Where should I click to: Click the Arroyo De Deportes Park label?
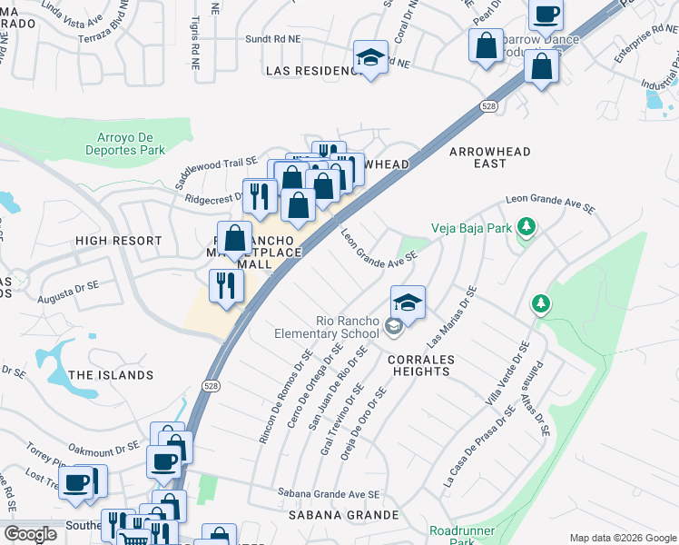[x=131, y=144]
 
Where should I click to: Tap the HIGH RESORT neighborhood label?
[x=118, y=241]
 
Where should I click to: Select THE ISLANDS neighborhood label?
[x=111, y=375]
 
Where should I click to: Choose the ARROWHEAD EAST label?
[x=488, y=156]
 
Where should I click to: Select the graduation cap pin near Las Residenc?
[x=370, y=58]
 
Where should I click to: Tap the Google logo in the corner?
[x=30, y=535]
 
